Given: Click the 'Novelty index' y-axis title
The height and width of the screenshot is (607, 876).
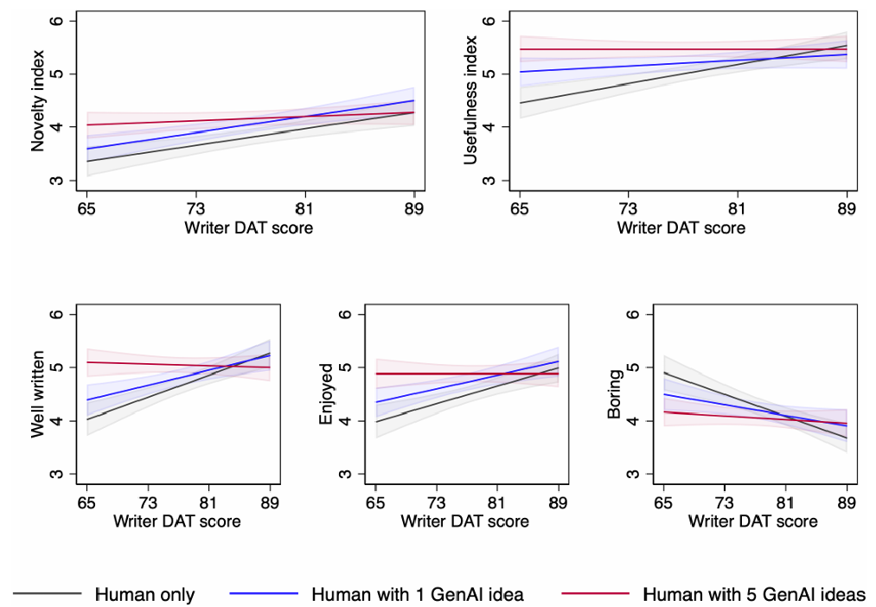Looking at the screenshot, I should [38, 100].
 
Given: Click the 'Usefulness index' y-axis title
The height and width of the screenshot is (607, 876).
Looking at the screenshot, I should [470, 100].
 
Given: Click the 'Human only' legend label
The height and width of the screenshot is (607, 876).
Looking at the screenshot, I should [144, 595].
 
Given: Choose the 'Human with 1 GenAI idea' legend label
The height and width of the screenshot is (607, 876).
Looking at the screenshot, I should [418, 595].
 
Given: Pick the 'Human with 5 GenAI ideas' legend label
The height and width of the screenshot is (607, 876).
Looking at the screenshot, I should [755, 595].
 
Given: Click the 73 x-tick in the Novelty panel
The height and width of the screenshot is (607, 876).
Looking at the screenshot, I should [195, 208].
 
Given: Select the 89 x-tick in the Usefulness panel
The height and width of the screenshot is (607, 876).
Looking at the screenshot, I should [847, 208].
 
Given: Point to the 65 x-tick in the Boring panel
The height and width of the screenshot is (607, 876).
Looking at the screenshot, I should [663, 502].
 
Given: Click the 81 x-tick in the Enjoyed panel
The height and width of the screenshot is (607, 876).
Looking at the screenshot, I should [497, 502].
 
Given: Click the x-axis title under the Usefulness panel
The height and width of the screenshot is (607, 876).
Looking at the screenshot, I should [681, 228].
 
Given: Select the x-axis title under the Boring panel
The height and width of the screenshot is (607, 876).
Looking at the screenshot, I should [753, 521].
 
